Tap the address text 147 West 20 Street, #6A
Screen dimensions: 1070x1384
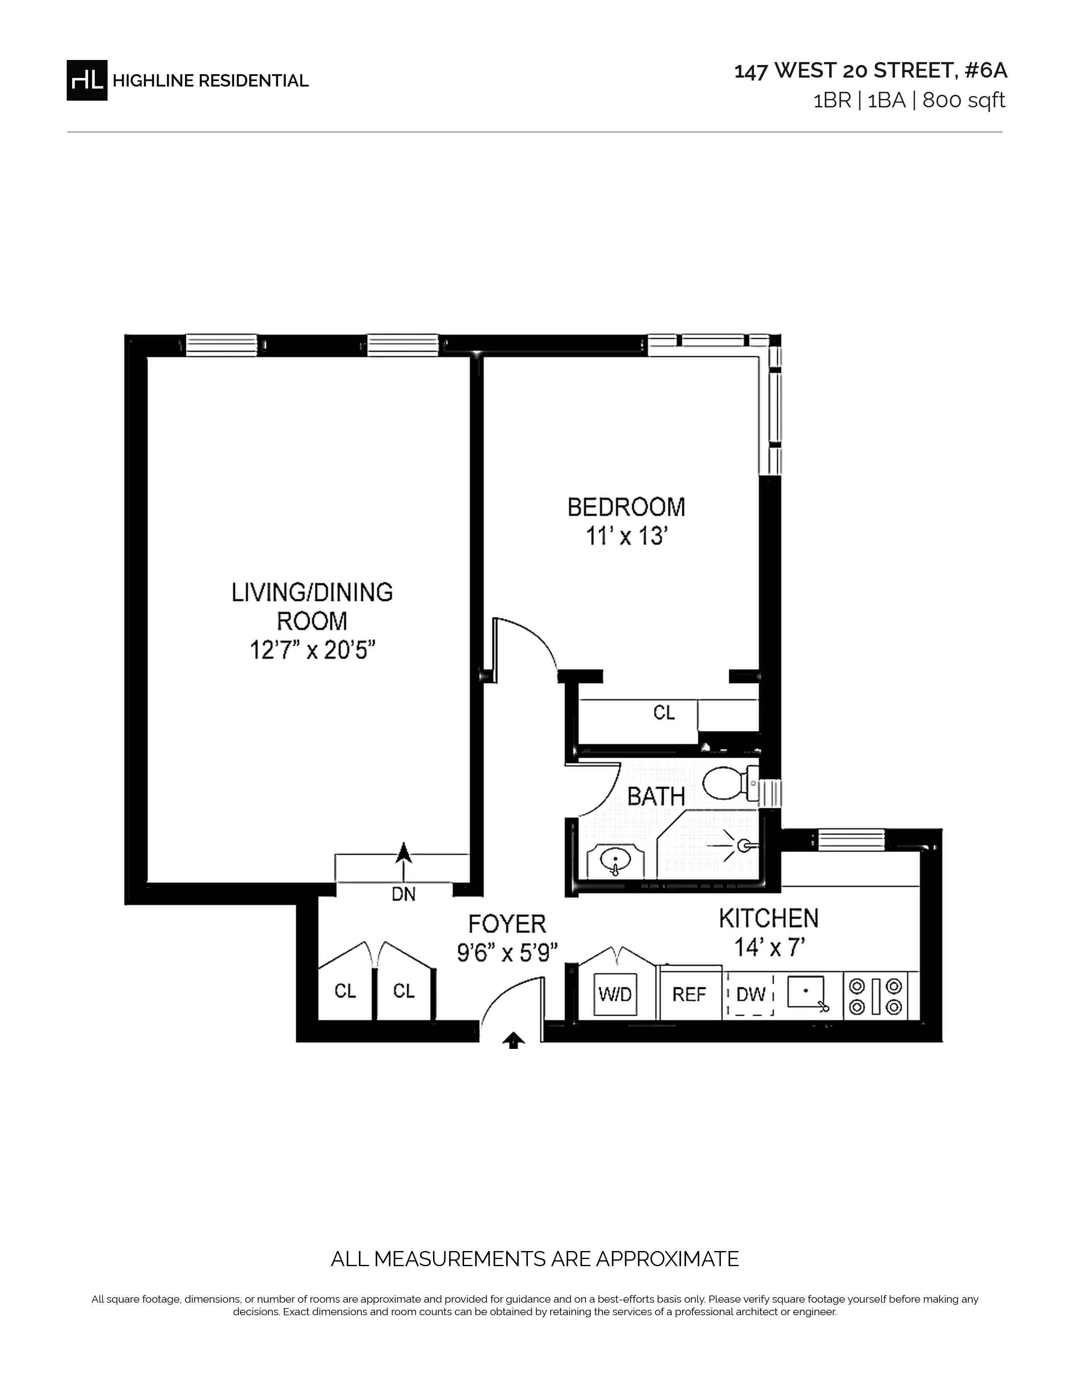pyautogui.click(x=870, y=71)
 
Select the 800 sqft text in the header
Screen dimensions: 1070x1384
pyautogui.click(x=963, y=101)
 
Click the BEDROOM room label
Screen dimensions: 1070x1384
pyautogui.click(x=626, y=507)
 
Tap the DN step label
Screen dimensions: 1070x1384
pyautogui.click(x=404, y=894)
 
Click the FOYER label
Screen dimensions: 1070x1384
pyautogui.click(x=507, y=924)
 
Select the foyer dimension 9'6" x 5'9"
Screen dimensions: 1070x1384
pyautogui.click(x=507, y=952)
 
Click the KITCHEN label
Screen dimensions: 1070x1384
pyautogui.click(x=769, y=918)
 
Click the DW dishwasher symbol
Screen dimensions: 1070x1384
pyautogui.click(x=751, y=994)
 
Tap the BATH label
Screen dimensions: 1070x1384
pyautogui.click(x=656, y=796)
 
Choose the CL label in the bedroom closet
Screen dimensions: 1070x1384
pyautogui.click(x=664, y=713)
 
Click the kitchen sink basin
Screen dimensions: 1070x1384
pyautogui.click(x=806, y=992)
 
